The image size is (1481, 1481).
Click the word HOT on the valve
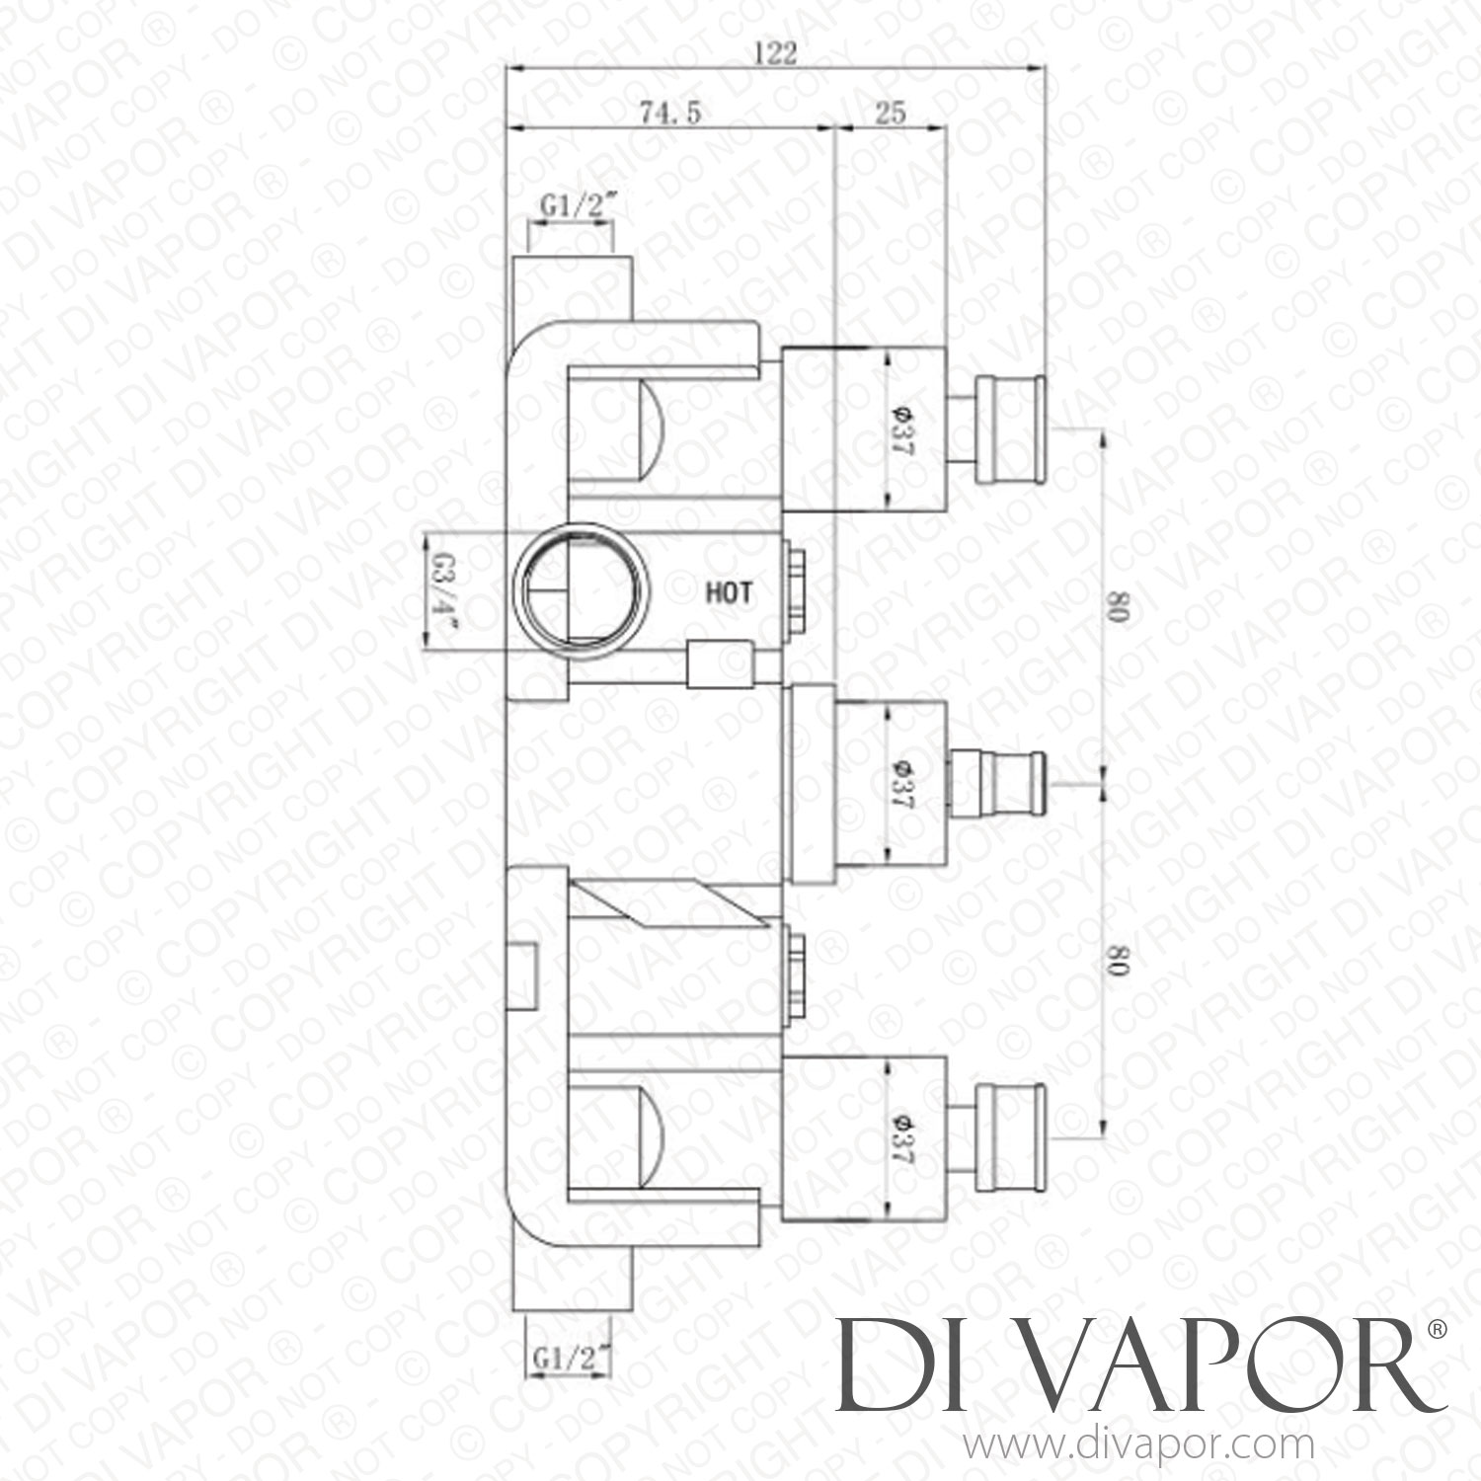tap(729, 592)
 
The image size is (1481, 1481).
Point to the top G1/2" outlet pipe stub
tap(572, 287)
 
